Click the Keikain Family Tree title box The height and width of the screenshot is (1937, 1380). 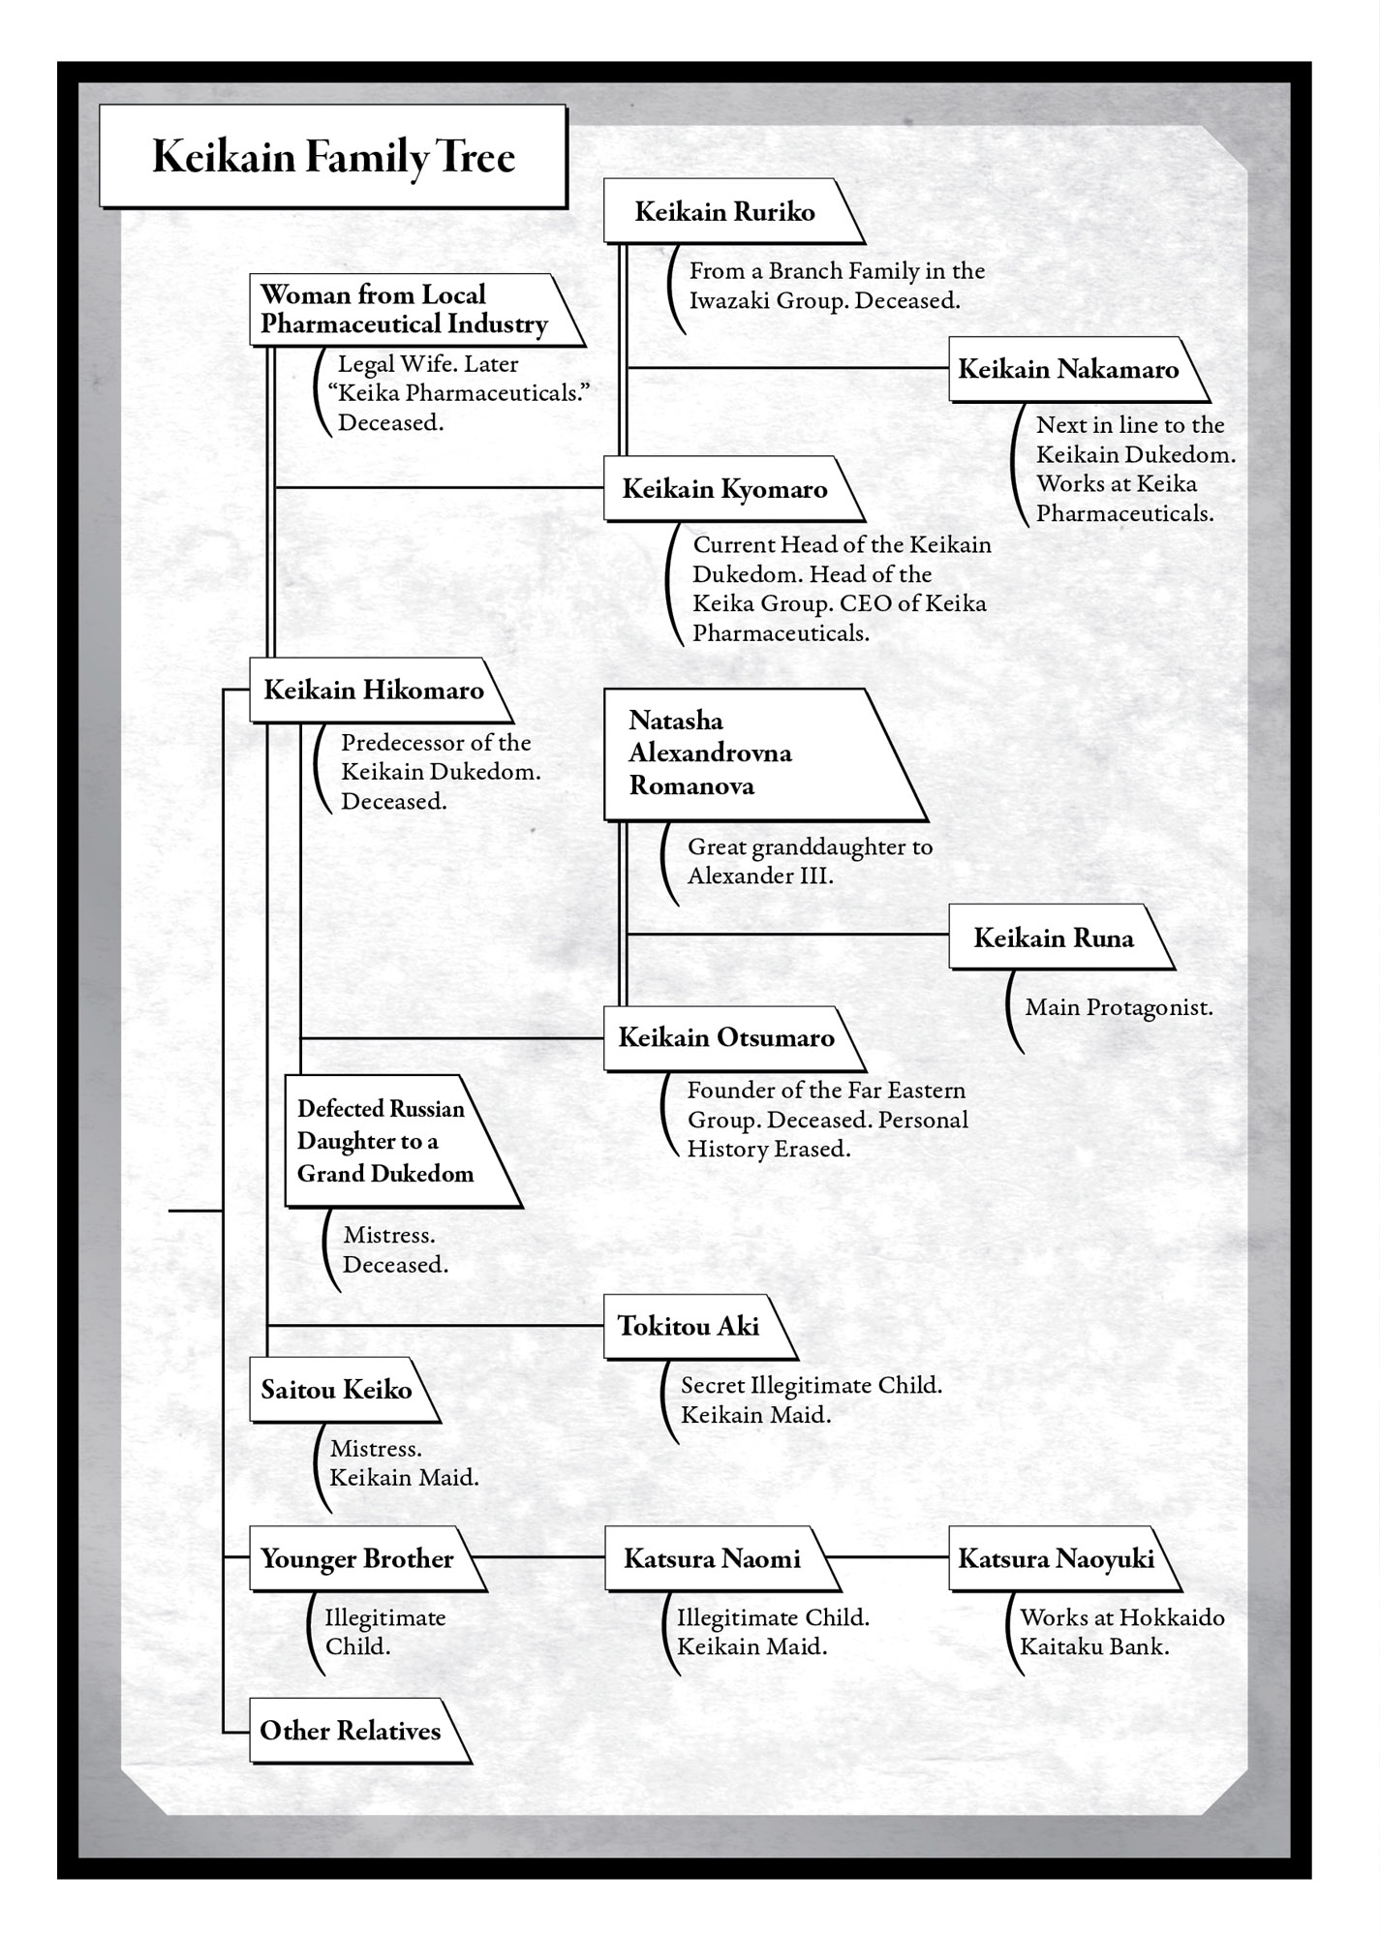(x=332, y=157)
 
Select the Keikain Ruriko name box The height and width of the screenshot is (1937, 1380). (x=725, y=211)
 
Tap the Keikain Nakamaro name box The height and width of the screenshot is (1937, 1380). (x=1069, y=369)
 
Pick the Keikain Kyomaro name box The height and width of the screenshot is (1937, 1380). (x=724, y=488)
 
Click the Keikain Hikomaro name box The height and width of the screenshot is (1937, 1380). (x=374, y=690)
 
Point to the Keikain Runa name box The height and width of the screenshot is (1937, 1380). (x=1054, y=938)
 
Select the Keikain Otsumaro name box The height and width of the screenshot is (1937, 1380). (x=726, y=1038)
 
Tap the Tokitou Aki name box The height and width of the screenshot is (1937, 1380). (x=689, y=1326)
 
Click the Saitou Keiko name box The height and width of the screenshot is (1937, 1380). (x=336, y=1390)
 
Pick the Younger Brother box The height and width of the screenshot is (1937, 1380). (x=357, y=1558)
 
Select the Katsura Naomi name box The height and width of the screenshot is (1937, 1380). (x=713, y=1558)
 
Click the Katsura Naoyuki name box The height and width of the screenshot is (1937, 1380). (x=1057, y=1558)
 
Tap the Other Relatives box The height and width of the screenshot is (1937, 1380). (x=351, y=1731)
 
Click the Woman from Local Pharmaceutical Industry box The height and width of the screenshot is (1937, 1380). (x=405, y=309)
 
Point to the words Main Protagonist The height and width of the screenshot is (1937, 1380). (x=1119, y=1007)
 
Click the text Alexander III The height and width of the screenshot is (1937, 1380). (x=760, y=876)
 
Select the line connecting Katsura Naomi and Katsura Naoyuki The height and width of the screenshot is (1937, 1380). (x=887, y=1557)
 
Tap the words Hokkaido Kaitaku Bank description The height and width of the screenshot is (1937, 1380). (x=1121, y=1632)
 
